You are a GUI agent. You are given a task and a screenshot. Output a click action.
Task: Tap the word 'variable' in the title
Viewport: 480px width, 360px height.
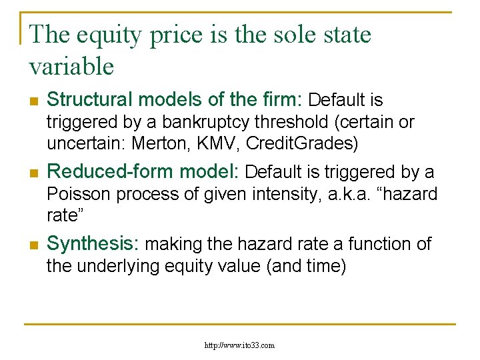tap(72, 66)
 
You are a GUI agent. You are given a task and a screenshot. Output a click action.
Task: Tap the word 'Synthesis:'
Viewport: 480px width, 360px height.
tap(93, 244)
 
